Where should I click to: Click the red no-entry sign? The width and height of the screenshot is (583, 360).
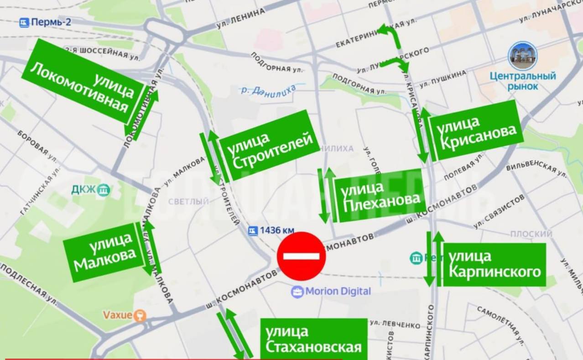click(x=302, y=256)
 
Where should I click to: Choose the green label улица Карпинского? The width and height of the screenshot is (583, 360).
click(x=494, y=265)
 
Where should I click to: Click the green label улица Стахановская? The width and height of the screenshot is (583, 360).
click(x=313, y=339)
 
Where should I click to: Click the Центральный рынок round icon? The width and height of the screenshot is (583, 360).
click(x=523, y=56)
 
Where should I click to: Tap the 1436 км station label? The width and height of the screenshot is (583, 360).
click(x=271, y=231)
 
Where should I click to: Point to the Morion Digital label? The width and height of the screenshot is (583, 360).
click(x=332, y=291)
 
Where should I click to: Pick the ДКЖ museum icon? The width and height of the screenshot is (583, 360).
click(x=104, y=189)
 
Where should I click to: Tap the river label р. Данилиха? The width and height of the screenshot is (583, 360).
click(x=269, y=89)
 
